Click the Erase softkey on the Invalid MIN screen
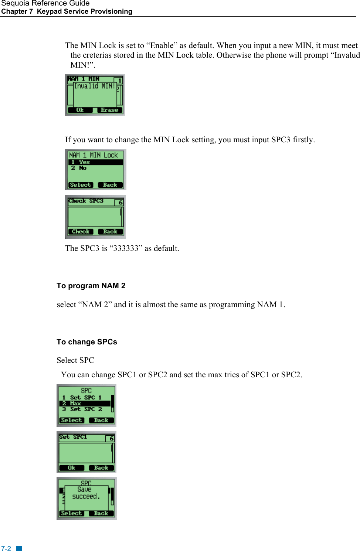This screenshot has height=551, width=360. (109, 110)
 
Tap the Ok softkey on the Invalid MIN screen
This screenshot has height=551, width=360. (80, 110)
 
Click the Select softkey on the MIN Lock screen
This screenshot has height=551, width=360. (80, 185)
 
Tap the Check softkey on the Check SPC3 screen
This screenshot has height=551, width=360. (81, 232)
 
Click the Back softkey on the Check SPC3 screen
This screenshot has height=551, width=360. (110, 232)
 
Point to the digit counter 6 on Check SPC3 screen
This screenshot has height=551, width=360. (120, 203)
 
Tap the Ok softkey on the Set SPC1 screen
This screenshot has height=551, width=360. (71, 468)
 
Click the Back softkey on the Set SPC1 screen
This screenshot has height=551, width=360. (101, 468)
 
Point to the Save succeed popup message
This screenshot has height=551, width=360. (86, 493)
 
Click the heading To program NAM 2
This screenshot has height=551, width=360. (91, 286)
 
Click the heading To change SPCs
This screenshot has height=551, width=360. (87, 342)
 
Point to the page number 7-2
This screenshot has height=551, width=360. (6, 548)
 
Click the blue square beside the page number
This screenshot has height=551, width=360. (19, 548)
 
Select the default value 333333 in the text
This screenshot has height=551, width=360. (126, 248)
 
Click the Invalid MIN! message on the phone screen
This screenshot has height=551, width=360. (95, 86)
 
